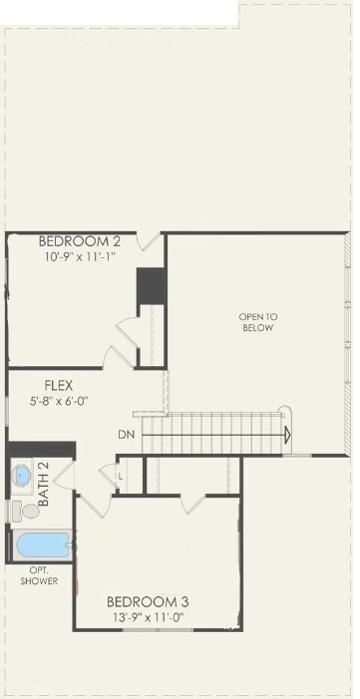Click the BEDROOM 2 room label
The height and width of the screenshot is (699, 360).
pos(80,241)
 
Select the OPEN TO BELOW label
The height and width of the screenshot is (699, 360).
pos(258,323)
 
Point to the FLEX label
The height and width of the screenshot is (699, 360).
pos(59,385)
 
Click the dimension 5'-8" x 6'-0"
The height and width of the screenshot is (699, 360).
pos(58,400)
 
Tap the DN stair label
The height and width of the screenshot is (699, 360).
pos(127,435)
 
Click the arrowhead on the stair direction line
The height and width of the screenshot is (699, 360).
pos(288,435)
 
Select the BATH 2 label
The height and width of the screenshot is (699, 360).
pos(43,484)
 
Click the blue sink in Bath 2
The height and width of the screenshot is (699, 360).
pos(21,476)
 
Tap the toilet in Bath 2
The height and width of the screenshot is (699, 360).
pos(25,511)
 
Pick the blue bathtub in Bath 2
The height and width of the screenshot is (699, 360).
pos(43,545)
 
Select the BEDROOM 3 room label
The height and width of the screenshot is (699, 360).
pos(148,602)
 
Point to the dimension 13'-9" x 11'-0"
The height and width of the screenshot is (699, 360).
pos(147,617)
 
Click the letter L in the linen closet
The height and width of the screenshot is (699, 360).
pos(121,477)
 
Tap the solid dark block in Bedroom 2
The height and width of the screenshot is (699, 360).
pos(152,286)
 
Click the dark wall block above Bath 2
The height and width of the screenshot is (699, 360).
pos(42,450)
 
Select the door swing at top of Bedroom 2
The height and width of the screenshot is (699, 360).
pos(149,241)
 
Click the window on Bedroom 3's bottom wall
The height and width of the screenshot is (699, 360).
pos(158,629)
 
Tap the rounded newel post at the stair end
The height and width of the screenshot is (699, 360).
pos(284,412)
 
